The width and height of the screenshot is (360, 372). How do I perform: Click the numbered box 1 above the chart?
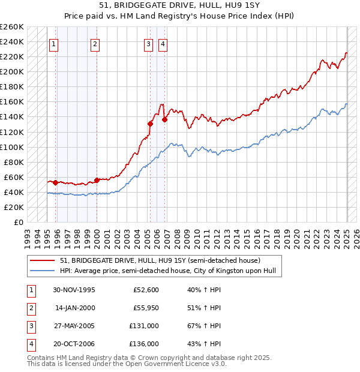pyautogui.click(x=54, y=43)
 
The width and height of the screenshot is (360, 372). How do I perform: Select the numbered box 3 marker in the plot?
pyautogui.click(x=148, y=43)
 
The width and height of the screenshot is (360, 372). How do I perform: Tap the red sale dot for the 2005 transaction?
pyautogui.click(x=151, y=124)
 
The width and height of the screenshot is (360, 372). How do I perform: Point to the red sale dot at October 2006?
pyautogui.click(x=164, y=119)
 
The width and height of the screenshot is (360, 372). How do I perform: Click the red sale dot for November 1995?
pyautogui.click(x=55, y=182)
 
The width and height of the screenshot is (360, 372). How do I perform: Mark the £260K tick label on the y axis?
pyautogui.click(x=12, y=27)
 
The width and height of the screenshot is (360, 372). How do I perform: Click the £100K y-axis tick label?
pyautogui.click(x=12, y=147)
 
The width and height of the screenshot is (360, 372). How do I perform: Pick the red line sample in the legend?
pyautogui.click(x=43, y=261)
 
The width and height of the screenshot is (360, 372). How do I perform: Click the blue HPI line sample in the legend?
pyautogui.click(x=43, y=271)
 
